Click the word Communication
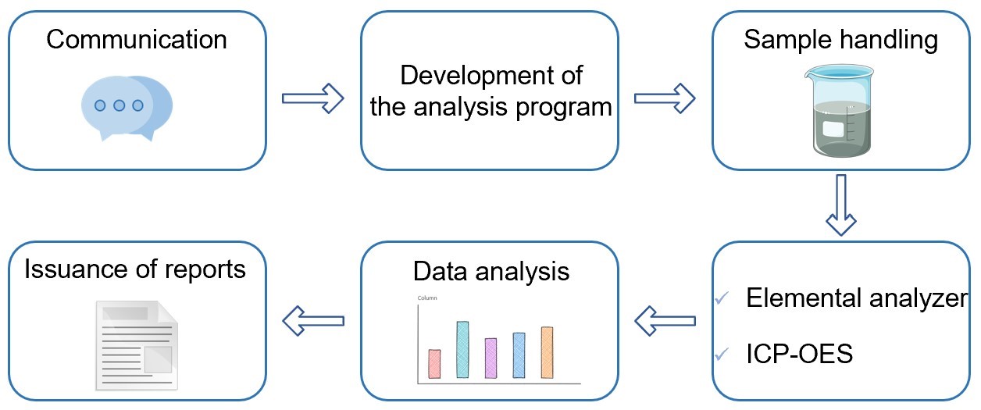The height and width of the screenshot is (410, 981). [x=137, y=39]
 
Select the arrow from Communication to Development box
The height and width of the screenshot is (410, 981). [x=312, y=98]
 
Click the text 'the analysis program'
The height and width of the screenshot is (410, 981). [x=490, y=107]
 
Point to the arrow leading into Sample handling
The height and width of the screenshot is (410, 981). [x=665, y=98]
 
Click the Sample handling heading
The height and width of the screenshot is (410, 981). [x=841, y=39]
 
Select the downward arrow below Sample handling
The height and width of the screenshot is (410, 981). [x=841, y=205]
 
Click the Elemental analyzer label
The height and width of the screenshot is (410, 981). [x=857, y=298]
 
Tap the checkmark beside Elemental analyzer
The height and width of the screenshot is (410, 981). [x=722, y=298]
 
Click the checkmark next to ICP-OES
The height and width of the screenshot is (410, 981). [x=722, y=355]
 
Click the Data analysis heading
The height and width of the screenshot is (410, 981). [x=491, y=271]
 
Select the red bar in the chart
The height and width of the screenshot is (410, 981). [x=435, y=364]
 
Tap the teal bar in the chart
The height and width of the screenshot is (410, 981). [x=462, y=350]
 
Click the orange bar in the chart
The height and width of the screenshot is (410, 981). [x=547, y=352]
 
